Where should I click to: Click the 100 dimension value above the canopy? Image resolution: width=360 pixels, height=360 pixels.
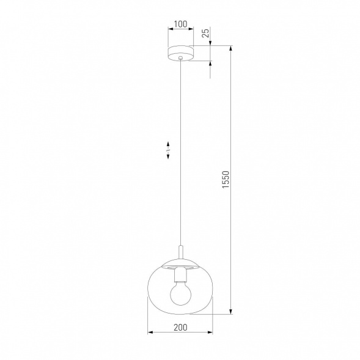[180, 25]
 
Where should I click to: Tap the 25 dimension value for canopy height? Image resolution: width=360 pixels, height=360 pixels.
[206, 32]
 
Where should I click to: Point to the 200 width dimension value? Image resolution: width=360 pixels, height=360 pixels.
[180, 327]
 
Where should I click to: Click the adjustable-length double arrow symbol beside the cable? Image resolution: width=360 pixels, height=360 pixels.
[167, 150]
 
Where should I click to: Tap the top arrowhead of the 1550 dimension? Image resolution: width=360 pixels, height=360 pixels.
[231, 48]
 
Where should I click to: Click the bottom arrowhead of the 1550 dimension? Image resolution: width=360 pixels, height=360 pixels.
[231, 312]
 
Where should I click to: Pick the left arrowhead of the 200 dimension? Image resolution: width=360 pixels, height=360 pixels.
[151, 333]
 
